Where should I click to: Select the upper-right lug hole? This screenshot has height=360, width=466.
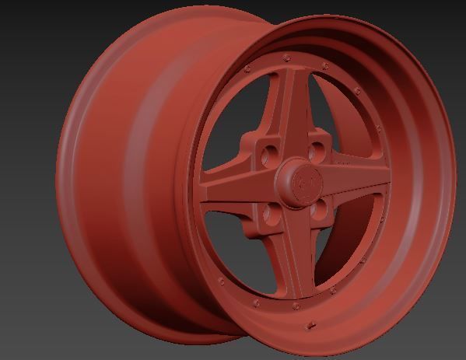point(317,149)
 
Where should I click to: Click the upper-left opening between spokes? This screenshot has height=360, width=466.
point(237,124)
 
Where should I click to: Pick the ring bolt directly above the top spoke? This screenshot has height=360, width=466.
point(288,58)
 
